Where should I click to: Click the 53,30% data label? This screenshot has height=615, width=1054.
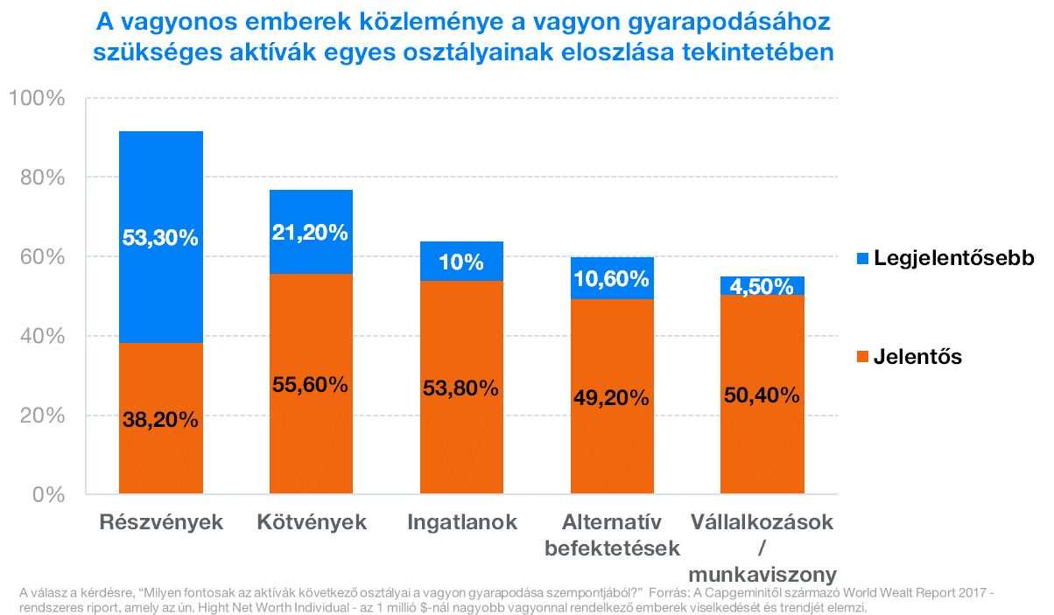click(x=161, y=237)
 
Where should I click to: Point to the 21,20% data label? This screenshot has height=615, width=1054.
click(x=311, y=233)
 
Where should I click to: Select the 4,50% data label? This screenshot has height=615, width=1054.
click(x=762, y=286)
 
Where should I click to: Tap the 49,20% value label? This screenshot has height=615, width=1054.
click(x=612, y=398)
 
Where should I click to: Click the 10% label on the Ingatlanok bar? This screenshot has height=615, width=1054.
click(x=461, y=262)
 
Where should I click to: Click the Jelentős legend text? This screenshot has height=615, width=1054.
click(x=917, y=357)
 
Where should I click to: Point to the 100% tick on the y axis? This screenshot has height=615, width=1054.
click(x=38, y=98)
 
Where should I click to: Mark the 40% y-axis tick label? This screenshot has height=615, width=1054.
click(x=42, y=336)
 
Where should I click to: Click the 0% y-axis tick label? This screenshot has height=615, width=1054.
click(x=47, y=495)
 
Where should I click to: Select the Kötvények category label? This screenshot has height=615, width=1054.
click(x=312, y=523)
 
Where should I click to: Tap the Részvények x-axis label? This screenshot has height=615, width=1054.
click(x=161, y=523)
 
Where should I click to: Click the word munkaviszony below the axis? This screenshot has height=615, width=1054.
click(x=762, y=575)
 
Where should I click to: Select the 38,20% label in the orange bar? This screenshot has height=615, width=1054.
click(x=161, y=420)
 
